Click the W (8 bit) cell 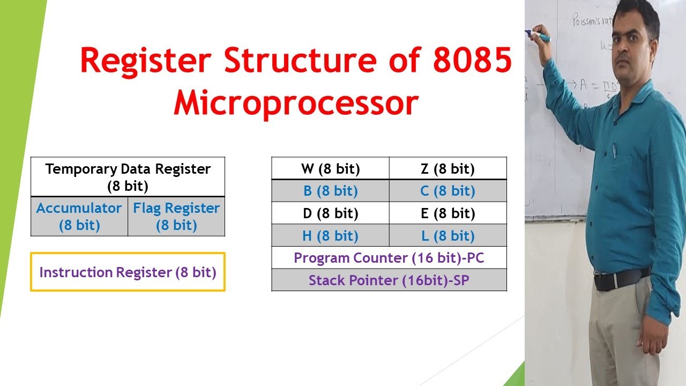(x=330, y=169)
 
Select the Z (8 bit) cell (x=448, y=169)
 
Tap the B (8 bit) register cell (x=330, y=191)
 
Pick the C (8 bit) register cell (x=448, y=191)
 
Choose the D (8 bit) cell (x=330, y=213)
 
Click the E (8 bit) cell (x=448, y=213)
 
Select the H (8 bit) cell (x=330, y=236)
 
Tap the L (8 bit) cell (x=448, y=236)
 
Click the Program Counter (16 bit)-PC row (x=389, y=258)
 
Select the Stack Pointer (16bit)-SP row (x=389, y=280)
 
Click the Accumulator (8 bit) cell (x=79, y=217)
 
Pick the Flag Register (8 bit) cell (x=176, y=217)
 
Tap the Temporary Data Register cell (x=128, y=177)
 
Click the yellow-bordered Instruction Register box (x=128, y=272)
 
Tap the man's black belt (x=622, y=279)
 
